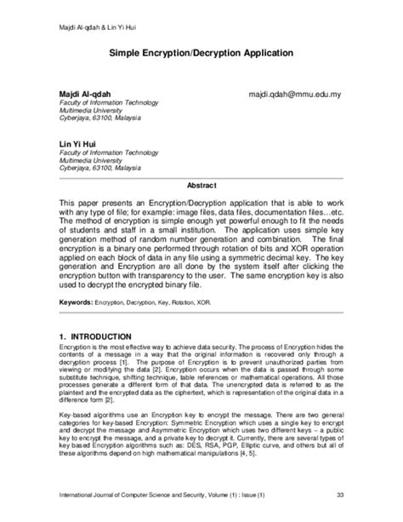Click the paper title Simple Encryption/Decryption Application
201,52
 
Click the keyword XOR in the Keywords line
216,301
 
